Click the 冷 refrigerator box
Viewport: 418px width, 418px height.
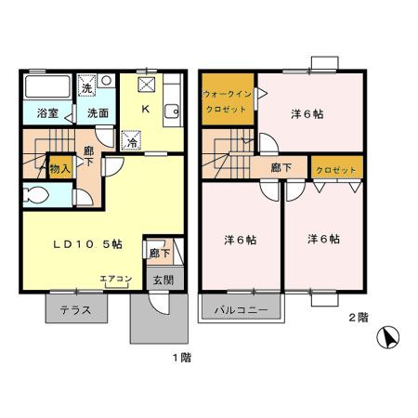[131, 142]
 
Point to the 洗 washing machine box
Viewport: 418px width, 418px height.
[87, 89]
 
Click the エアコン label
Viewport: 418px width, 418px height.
[114, 278]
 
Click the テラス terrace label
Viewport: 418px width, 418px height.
[75, 309]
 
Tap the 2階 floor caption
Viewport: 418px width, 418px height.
[358, 318]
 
